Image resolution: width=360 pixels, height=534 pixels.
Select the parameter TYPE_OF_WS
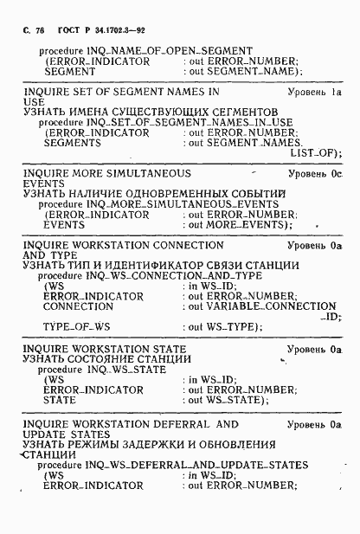point(74,327)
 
